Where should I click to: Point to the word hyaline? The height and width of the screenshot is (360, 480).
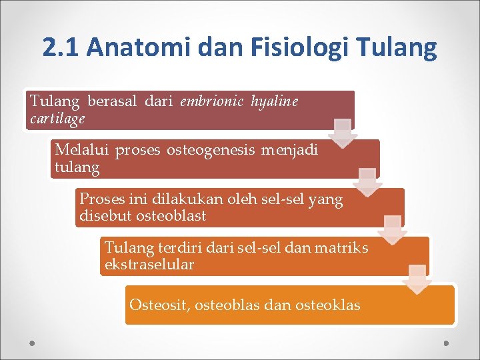tap(275, 101)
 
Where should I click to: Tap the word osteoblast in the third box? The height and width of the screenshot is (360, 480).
tap(171, 216)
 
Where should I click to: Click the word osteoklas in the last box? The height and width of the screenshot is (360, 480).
tap(329, 305)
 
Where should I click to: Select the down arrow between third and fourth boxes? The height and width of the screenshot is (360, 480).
tap(393, 230)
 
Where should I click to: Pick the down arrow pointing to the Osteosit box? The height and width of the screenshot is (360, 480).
tap(417, 279)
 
